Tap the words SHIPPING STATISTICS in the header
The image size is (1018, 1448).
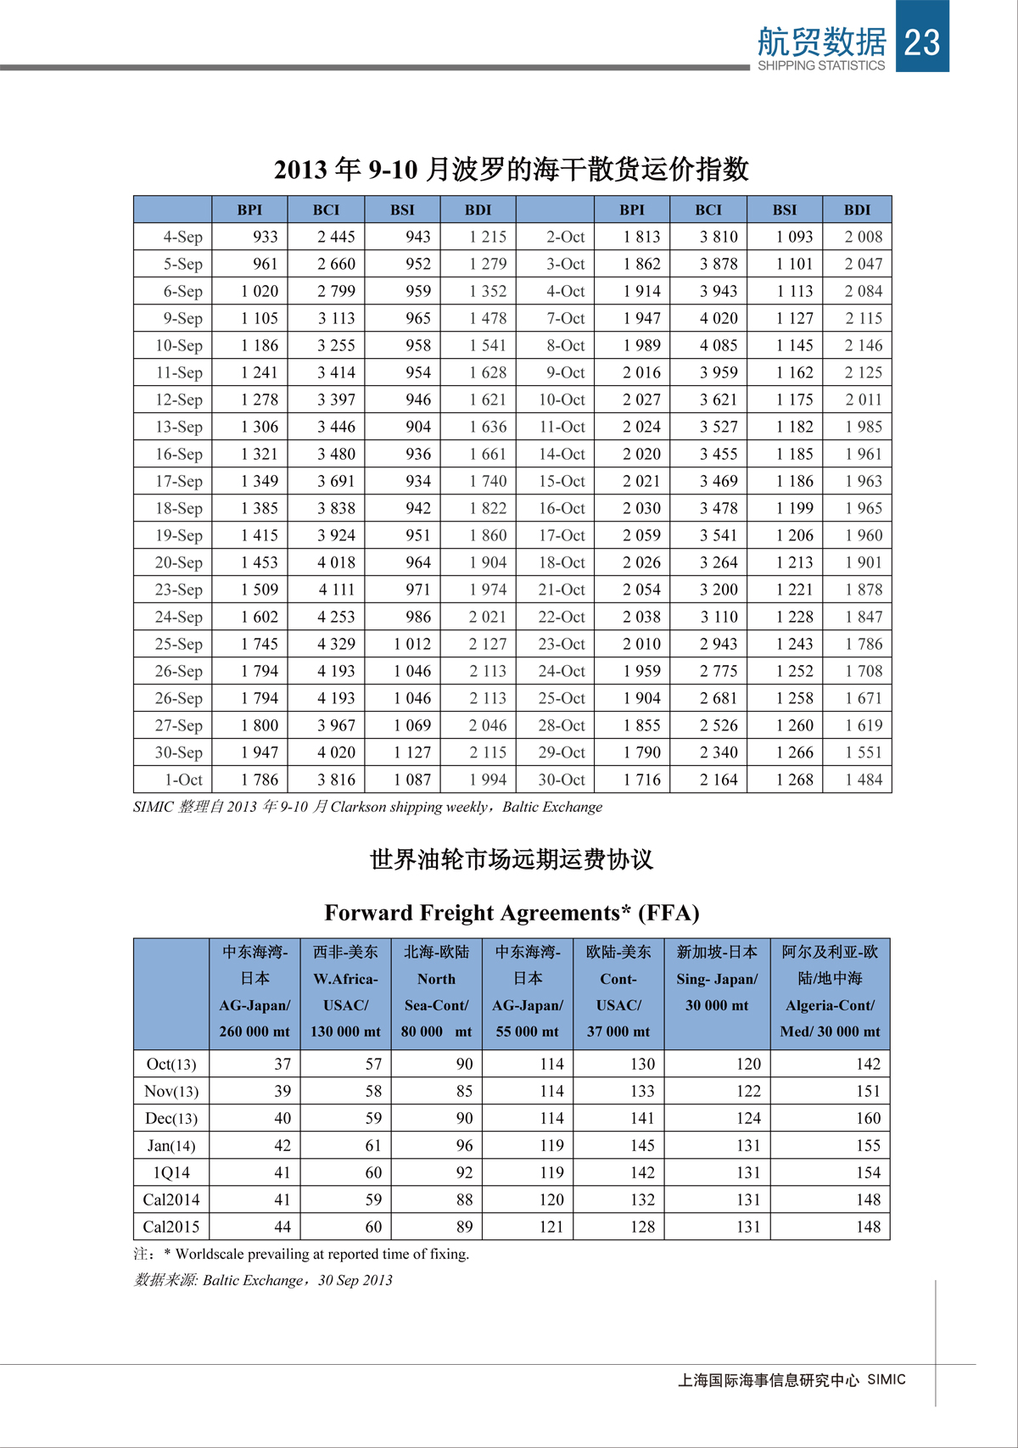point(820,65)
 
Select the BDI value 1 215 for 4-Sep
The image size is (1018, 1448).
point(487,237)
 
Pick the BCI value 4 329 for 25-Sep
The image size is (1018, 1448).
point(336,644)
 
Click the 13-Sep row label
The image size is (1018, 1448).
point(179,427)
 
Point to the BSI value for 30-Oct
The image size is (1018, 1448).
point(794,780)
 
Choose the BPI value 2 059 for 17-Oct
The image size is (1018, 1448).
point(641,535)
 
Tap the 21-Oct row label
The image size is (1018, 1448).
point(562,590)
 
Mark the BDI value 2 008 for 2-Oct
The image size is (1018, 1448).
point(863,237)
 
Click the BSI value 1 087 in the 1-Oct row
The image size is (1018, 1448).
point(411,780)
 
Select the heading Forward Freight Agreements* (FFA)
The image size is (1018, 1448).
point(512,913)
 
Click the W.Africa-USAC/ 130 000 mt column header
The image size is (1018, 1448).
point(345,992)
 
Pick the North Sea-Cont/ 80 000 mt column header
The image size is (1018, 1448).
point(436,992)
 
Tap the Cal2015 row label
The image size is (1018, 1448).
point(171,1227)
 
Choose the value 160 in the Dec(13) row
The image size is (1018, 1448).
point(868,1118)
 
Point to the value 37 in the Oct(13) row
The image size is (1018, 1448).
point(282,1064)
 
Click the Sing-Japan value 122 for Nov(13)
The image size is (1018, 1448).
point(748,1091)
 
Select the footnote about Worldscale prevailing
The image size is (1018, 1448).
point(301,1254)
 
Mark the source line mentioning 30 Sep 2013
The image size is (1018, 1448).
point(263,1280)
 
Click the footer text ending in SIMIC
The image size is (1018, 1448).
point(791,1380)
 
